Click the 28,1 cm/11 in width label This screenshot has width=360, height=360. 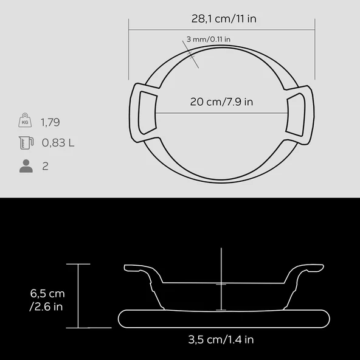tap(223, 18)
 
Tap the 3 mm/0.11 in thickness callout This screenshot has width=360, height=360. tap(208, 40)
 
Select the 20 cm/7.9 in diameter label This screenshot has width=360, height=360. tap(221, 102)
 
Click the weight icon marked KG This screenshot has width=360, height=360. tap(25, 122)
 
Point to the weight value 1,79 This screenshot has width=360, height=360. tap(50, 122)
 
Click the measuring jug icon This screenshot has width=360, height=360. tap(25, 144)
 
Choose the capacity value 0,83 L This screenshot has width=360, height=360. tap(58, 144)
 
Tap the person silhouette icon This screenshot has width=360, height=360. tap(26, 166)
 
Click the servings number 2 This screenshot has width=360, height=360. tap(46, 166)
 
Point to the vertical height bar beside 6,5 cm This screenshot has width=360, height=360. tap(78, 296)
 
